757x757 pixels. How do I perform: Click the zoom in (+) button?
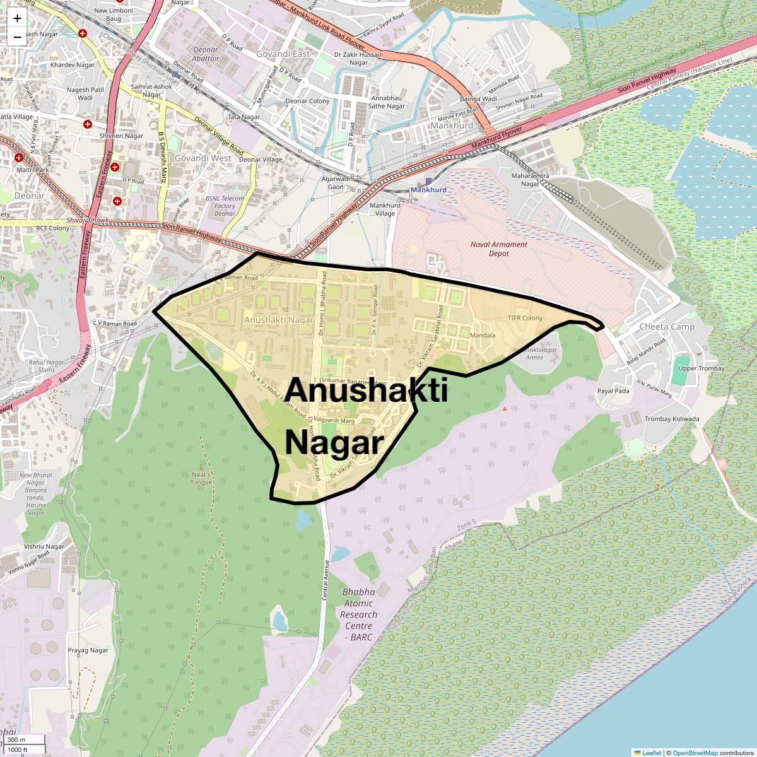coord(17,19)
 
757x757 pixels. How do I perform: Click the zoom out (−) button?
coord(17,37)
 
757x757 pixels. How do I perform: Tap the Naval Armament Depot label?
coord(498,249)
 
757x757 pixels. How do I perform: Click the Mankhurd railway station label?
coord(428,189)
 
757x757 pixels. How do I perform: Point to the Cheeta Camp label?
coord(667,327)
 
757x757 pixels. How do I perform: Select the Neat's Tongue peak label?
coord(202,478)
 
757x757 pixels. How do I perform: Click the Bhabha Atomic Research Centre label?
coord(358,614)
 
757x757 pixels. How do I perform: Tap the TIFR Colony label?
coord(525,318)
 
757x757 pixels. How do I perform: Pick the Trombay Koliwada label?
coord(671,419)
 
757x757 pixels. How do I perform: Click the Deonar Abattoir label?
coord(206,54)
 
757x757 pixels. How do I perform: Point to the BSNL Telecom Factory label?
coord(225,206)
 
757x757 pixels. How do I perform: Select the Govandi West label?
coord(203,158)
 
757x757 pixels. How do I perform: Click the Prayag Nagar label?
coord(88,650)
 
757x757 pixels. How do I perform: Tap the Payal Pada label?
coord(613,391)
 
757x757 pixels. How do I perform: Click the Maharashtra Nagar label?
coord(530,180)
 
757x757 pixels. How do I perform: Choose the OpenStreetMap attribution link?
coord(695,753)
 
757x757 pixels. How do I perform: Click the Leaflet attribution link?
coord(651,753)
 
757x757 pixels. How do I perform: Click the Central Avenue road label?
coord(326,579)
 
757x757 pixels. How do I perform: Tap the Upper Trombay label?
coord(701,368)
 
